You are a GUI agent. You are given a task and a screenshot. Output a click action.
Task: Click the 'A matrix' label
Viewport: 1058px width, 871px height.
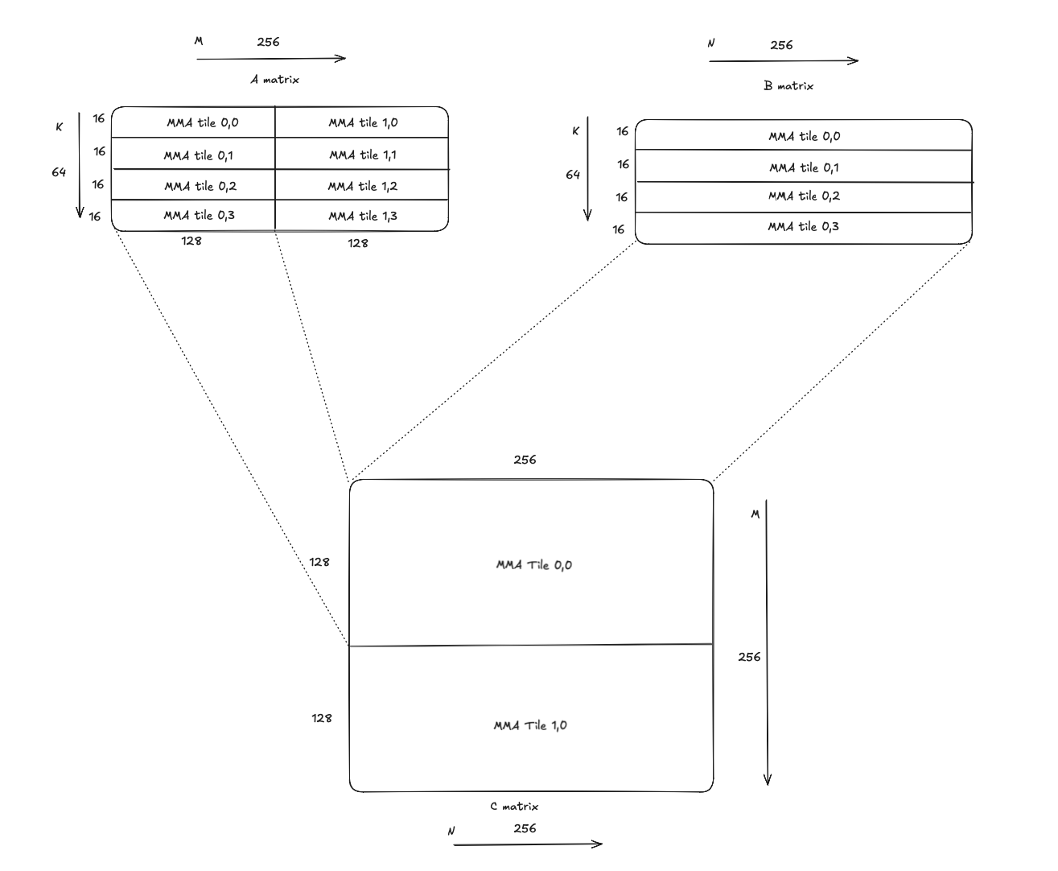pos(274,80)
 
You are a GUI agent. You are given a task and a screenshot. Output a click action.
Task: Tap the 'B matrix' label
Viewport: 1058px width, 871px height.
pos(788,85)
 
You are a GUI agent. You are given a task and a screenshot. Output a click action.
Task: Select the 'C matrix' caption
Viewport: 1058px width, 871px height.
pos(514,806)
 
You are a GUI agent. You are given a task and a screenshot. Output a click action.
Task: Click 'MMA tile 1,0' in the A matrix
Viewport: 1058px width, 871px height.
pos(362,123)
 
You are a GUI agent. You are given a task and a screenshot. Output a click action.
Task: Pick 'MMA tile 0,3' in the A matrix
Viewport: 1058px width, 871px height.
pos(199,216)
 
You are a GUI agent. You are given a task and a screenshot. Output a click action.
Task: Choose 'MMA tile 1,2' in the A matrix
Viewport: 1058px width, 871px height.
pos(362,186)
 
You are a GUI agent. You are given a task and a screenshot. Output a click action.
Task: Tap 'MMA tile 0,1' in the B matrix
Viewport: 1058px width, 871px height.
pos(803,167)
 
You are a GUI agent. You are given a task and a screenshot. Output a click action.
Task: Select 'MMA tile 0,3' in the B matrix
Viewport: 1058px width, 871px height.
pos(803,227)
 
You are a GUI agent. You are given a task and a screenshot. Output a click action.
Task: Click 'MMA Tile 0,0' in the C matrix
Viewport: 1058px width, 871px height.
pos(533,565)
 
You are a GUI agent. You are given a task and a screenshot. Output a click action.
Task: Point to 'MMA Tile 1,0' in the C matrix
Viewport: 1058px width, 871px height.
pos(529,725)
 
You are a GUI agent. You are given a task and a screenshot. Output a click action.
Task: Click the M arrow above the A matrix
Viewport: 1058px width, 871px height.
pos(271,58)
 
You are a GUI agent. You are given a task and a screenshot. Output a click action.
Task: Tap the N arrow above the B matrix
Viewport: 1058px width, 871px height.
pos(784,60)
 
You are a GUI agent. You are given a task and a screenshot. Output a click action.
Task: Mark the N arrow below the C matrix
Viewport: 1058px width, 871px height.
pos(528,844)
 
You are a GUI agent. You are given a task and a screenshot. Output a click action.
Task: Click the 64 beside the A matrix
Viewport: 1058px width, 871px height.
pos(59,172)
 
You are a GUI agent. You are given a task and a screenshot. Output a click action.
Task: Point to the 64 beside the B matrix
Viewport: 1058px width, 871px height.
pos(573,175)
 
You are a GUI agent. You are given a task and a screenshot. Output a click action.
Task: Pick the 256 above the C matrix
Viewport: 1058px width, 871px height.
pos(525,460)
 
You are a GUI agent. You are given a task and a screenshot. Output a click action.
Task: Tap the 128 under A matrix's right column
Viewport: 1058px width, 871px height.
pos(358,243)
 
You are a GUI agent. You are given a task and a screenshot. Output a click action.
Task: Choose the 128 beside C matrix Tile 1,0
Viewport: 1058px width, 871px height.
pos(322,718)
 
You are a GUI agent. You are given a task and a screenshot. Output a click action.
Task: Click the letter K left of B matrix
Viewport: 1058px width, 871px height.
pos(575,131)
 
